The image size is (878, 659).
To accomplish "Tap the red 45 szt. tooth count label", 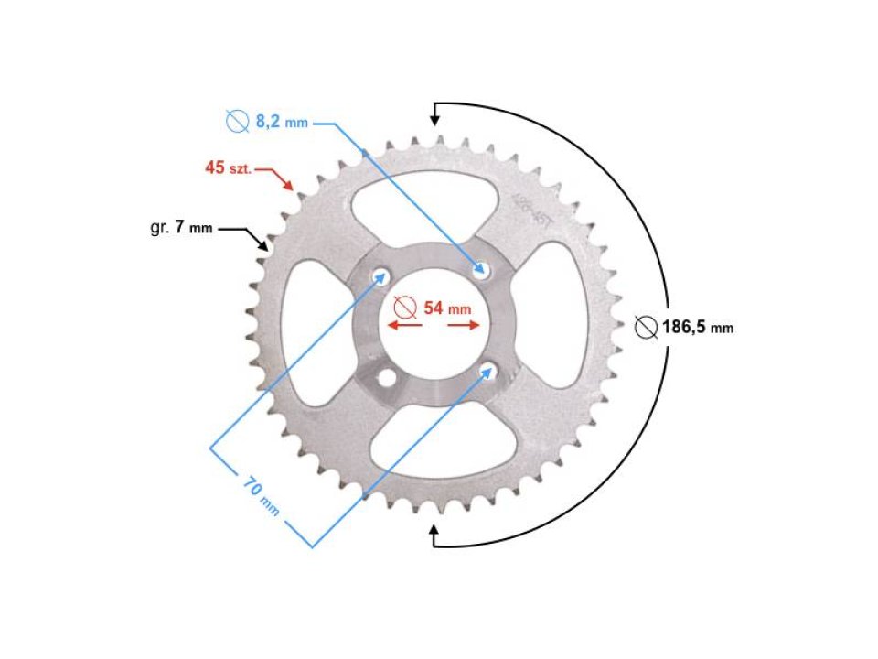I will (x=228, y=168).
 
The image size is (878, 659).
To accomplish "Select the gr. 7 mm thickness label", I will (x=180, y=228).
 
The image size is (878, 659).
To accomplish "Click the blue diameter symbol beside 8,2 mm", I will (x=237, y=120).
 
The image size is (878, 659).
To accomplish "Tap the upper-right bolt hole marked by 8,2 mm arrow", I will (x=481, y=271).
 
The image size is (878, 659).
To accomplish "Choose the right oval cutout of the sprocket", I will (x=549, y=320).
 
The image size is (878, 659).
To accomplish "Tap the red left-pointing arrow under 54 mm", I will (x=399, y=325).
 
